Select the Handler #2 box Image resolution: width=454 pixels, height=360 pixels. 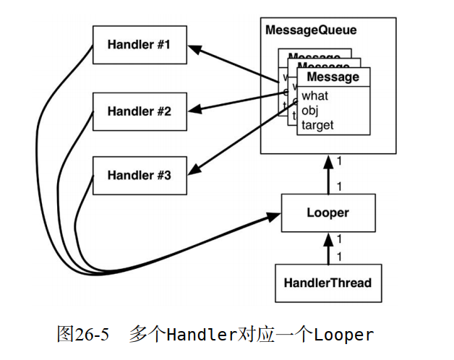coord(139,111)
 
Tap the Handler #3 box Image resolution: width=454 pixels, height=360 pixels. coord(139,175)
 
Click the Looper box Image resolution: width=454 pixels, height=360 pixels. coord(327,213)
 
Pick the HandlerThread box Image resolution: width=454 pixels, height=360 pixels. coord(327,283)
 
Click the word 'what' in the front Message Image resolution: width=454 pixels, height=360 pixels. coord(315,95)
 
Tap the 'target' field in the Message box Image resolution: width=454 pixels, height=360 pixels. coord(318,124)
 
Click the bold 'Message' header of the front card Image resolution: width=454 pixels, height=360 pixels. coord(333,77)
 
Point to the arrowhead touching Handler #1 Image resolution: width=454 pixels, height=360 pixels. coord(195,48)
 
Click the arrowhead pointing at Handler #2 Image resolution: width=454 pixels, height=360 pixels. coord(196,111)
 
